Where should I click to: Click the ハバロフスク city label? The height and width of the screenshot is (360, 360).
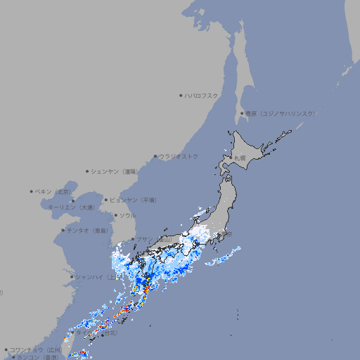click(x=202, y=95)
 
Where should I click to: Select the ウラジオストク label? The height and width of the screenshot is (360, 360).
click(x=179, y=156)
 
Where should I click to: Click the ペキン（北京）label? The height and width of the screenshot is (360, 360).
click(x=53, y=191)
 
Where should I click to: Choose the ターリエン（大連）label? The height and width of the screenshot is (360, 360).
click(x=71, y=207)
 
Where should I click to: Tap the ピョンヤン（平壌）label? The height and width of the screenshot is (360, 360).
click(x=134, y=200)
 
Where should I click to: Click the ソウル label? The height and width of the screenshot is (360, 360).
click(x=127, y=215)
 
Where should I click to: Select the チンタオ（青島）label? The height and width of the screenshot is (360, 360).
click(x=88, y=230)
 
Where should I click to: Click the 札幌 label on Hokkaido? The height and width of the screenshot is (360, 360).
click(x=240, y=157)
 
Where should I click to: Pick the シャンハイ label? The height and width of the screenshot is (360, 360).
click(x=92, y=277)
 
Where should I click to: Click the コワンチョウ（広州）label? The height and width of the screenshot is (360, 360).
click(x=36, y=349)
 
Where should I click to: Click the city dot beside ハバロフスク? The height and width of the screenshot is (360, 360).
click(x=181, y=95)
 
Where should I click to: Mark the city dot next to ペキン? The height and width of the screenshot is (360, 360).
click(x=31, y=191)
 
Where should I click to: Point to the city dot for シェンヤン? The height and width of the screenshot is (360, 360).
click(x=87, y=171)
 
